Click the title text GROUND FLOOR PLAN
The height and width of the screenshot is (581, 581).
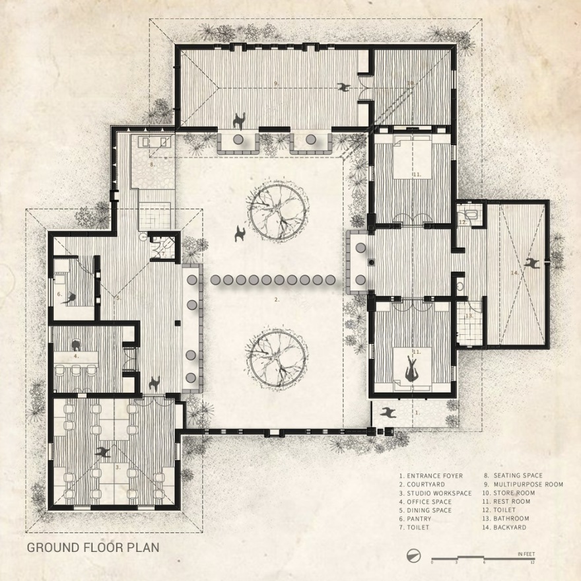(92, 547)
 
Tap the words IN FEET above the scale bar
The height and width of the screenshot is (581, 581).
(526, 553)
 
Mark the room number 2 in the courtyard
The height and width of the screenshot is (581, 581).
(277, 300)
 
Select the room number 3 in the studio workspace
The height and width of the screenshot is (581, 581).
(118, 467)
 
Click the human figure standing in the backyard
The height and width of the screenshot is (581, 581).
(532, 263)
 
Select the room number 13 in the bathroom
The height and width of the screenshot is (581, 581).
(469, 316)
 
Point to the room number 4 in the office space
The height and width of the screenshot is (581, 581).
(77, 356)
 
